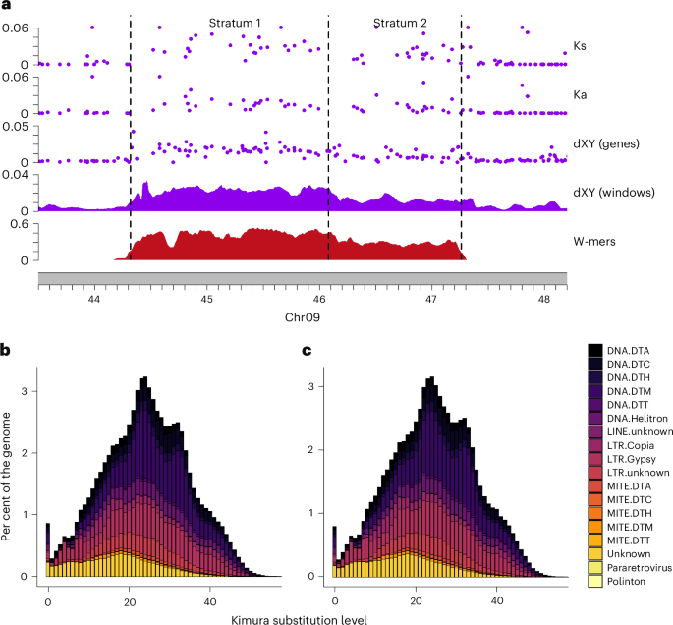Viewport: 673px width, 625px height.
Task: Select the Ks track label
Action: coord(580,45)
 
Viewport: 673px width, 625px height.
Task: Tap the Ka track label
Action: coord(580,95)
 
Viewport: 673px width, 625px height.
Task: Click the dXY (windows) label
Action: coord(613,193)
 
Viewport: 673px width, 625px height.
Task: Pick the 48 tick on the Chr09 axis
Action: coord(543,297)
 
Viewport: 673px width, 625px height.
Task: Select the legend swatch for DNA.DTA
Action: coord(595,350)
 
